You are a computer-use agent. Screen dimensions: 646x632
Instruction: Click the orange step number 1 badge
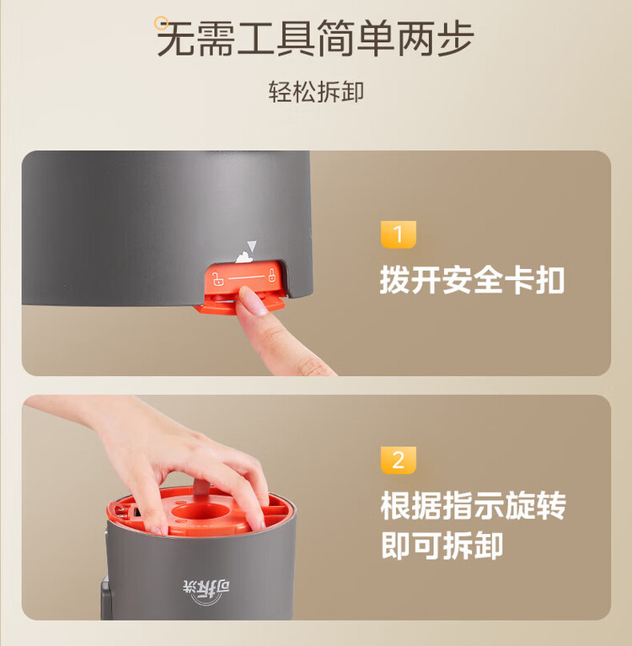click(399, 234)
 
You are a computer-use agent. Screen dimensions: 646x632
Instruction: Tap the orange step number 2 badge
click(399, 460)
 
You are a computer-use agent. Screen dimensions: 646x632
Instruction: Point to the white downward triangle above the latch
click(251, 245)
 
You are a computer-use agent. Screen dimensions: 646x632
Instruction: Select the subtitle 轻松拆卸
click(316, 92)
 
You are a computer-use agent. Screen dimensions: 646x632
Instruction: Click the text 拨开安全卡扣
click(472, 280)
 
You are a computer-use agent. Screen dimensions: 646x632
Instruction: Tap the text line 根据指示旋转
click(473, 507)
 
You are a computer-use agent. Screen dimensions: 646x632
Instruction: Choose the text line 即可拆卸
click(442, 546)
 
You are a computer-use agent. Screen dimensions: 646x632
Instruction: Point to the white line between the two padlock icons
click(246, 277)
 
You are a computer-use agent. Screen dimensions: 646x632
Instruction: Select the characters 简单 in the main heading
click(355, 39)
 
